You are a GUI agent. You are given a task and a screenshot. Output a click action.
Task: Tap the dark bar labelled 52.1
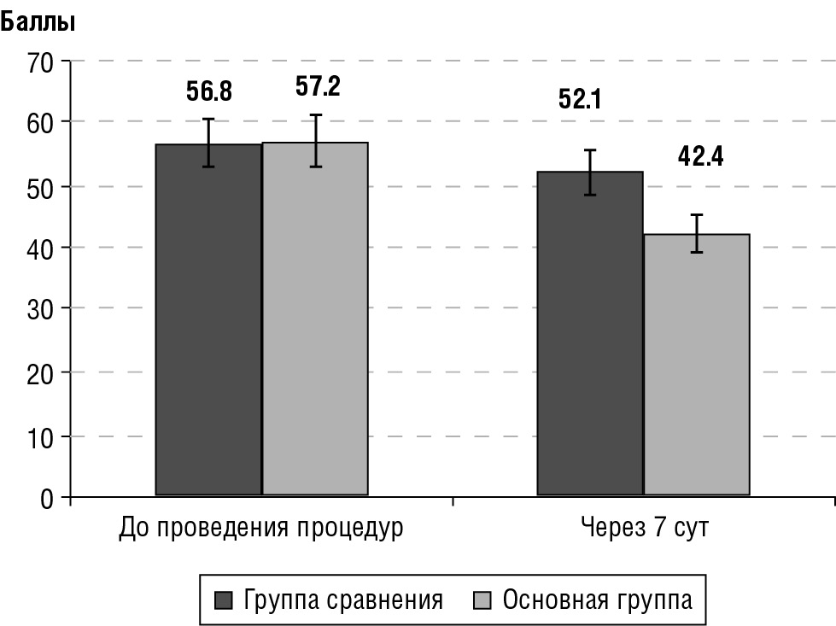(x=589, y=333)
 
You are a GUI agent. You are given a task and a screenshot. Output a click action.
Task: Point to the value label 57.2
(x=318, y=86)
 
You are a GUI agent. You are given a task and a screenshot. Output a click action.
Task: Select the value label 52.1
(x=581, y=100)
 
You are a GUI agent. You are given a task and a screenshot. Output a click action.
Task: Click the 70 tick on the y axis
(x=41, y=61)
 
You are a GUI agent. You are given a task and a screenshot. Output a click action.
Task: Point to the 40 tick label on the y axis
(x=41, y=248)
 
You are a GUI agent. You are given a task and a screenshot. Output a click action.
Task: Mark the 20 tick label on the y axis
(x=41, y=373)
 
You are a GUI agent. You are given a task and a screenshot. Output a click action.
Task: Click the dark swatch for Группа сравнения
(x=224, y=600)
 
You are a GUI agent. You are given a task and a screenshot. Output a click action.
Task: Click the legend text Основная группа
(x=598, y=600)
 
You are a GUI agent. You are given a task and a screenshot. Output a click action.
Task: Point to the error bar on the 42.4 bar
(x=696, y=233)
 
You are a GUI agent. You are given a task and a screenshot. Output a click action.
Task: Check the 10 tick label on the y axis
(x=41, y=436)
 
